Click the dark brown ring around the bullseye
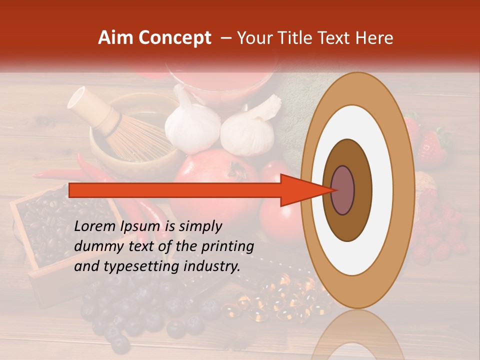click(x=362, y=190)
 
